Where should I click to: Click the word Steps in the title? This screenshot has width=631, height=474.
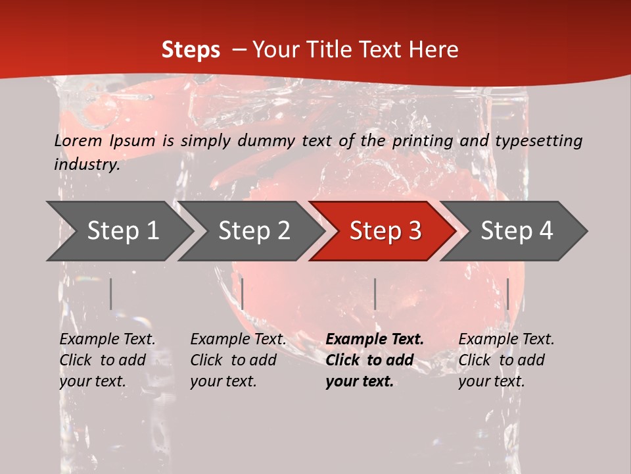pos(191,50)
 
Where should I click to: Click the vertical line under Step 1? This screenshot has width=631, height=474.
pos(111,294)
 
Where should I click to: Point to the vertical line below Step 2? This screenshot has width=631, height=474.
pos(243,294)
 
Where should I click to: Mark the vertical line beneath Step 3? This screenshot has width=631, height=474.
pos(375,294)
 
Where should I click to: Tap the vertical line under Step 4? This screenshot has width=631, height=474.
pos(507,294)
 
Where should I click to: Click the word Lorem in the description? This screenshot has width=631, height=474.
pos(78,141)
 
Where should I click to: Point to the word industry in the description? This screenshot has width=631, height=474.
pos(87,165)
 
